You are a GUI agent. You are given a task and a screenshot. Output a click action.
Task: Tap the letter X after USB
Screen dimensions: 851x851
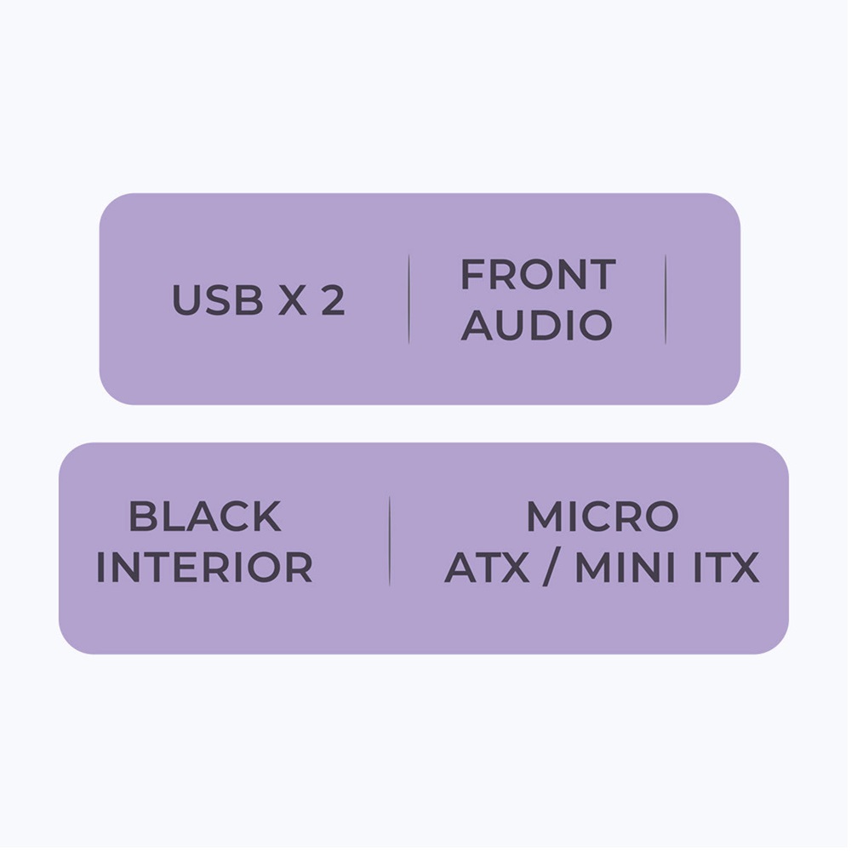coord(293,300)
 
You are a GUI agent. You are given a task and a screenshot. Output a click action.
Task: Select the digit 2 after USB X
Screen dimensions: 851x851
coord(333,300)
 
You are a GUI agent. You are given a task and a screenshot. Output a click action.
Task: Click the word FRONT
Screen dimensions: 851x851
coord(537,275)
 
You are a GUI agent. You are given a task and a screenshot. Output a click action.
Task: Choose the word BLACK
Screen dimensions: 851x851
coord(204,517)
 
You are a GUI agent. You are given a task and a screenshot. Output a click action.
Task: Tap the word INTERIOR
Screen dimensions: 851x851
coord(204,568)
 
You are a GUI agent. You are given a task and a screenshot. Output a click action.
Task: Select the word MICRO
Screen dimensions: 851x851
coord(602,517)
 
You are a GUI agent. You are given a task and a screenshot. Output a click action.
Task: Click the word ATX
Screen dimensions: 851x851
coord(486,568)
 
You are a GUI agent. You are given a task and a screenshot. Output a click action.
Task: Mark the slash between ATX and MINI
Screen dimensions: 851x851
coord(551,568)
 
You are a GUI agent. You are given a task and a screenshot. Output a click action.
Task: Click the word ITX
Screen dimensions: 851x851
coord(725,568)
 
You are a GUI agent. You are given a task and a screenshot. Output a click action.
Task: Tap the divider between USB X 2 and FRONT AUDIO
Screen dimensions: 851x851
coord(408,299)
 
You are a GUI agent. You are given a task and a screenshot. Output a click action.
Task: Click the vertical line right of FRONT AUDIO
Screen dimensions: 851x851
coord(665,299)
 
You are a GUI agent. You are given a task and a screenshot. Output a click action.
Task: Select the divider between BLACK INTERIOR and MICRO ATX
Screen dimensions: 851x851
coord(390,541)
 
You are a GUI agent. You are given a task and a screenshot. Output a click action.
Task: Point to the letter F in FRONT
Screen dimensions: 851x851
coord(472,275)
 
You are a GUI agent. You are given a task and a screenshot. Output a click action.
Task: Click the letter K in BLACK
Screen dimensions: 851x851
coord(267,517)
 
